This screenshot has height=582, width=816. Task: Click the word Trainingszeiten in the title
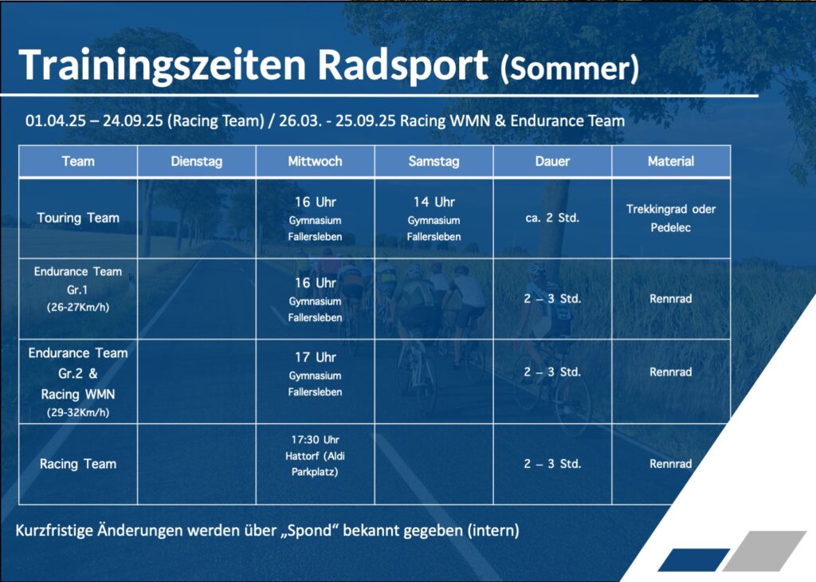tap(163, 66)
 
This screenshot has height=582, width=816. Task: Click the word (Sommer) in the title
tap(569, 69)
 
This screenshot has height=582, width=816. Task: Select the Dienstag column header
tap(197, 161)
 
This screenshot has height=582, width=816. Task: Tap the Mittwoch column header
tap(316, 161)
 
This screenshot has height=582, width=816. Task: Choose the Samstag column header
tap(434, 161)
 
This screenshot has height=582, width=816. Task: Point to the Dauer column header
tap(553, 161)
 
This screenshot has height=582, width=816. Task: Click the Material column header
tap(671, 161)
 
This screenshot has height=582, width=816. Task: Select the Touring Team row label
tap(78, 218)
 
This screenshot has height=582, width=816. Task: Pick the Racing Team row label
tap(78, 464)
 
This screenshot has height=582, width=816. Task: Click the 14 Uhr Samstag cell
tap(434, 202)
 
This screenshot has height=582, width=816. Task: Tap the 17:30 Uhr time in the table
tap(316, 439)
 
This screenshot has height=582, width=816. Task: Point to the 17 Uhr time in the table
tap(316, 358)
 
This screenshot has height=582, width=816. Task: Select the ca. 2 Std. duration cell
tap(552, 218)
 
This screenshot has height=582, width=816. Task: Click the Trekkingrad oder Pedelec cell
tap(671, 218)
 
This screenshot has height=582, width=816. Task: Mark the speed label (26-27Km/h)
tap(78, 307)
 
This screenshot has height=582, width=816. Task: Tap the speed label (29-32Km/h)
tap(78, 413)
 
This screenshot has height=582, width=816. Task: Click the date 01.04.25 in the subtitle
tap(56, 120)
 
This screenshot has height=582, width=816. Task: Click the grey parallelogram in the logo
tap(764, 551)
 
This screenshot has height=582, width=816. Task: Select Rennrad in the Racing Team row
tap(671, 464)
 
